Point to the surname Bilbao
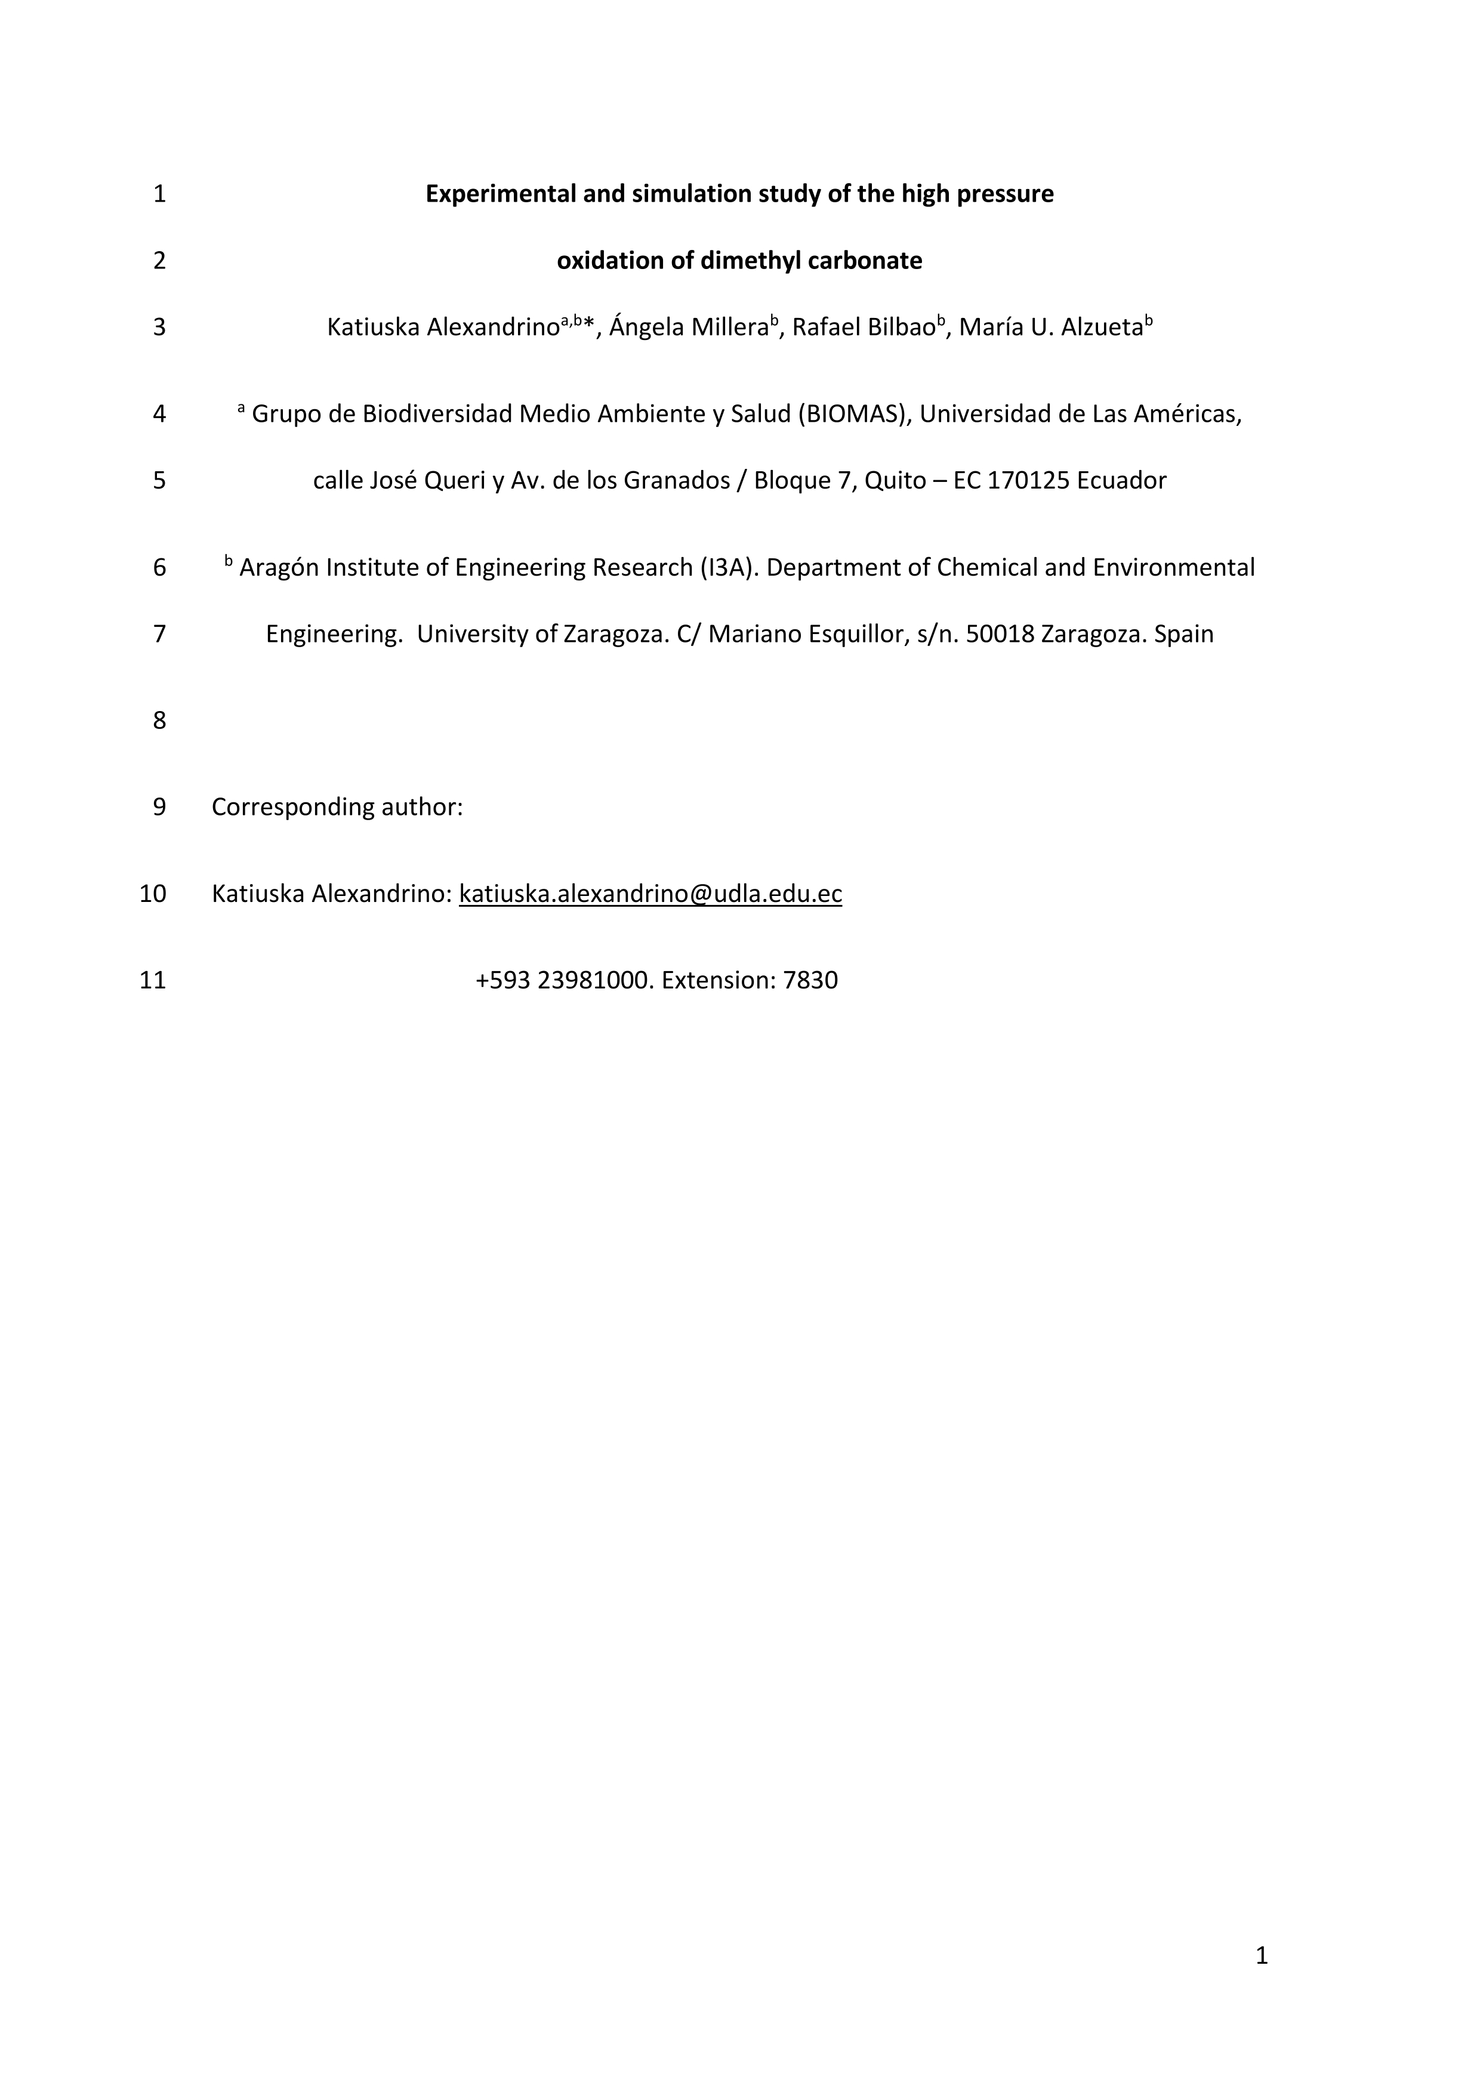[x=901, y=327]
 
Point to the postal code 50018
[x=1000, y=634]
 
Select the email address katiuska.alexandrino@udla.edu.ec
[x=650, y=894]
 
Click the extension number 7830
[x=810, y=981]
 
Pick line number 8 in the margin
[x=159, y=721]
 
